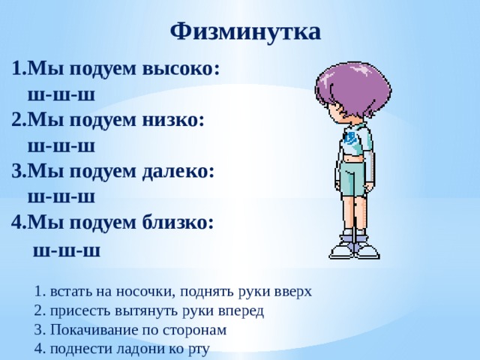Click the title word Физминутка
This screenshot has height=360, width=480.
245,31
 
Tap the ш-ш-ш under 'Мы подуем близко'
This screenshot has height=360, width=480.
67,249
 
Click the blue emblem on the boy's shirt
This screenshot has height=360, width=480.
351,138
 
